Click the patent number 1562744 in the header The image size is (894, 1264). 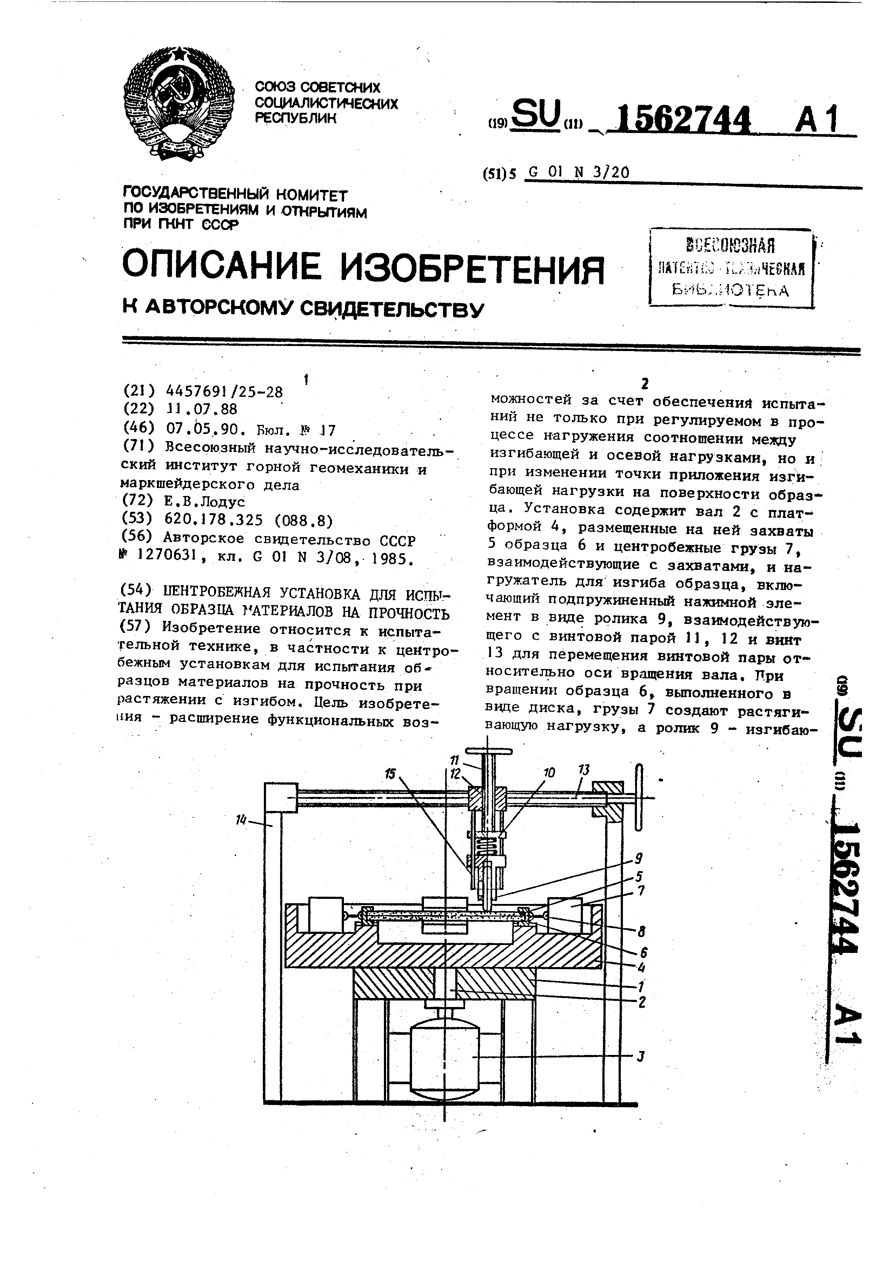point(683,119)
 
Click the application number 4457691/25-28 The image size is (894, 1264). point(224,392)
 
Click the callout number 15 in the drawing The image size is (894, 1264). point(390,774)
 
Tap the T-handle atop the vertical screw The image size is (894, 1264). point(488,751)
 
